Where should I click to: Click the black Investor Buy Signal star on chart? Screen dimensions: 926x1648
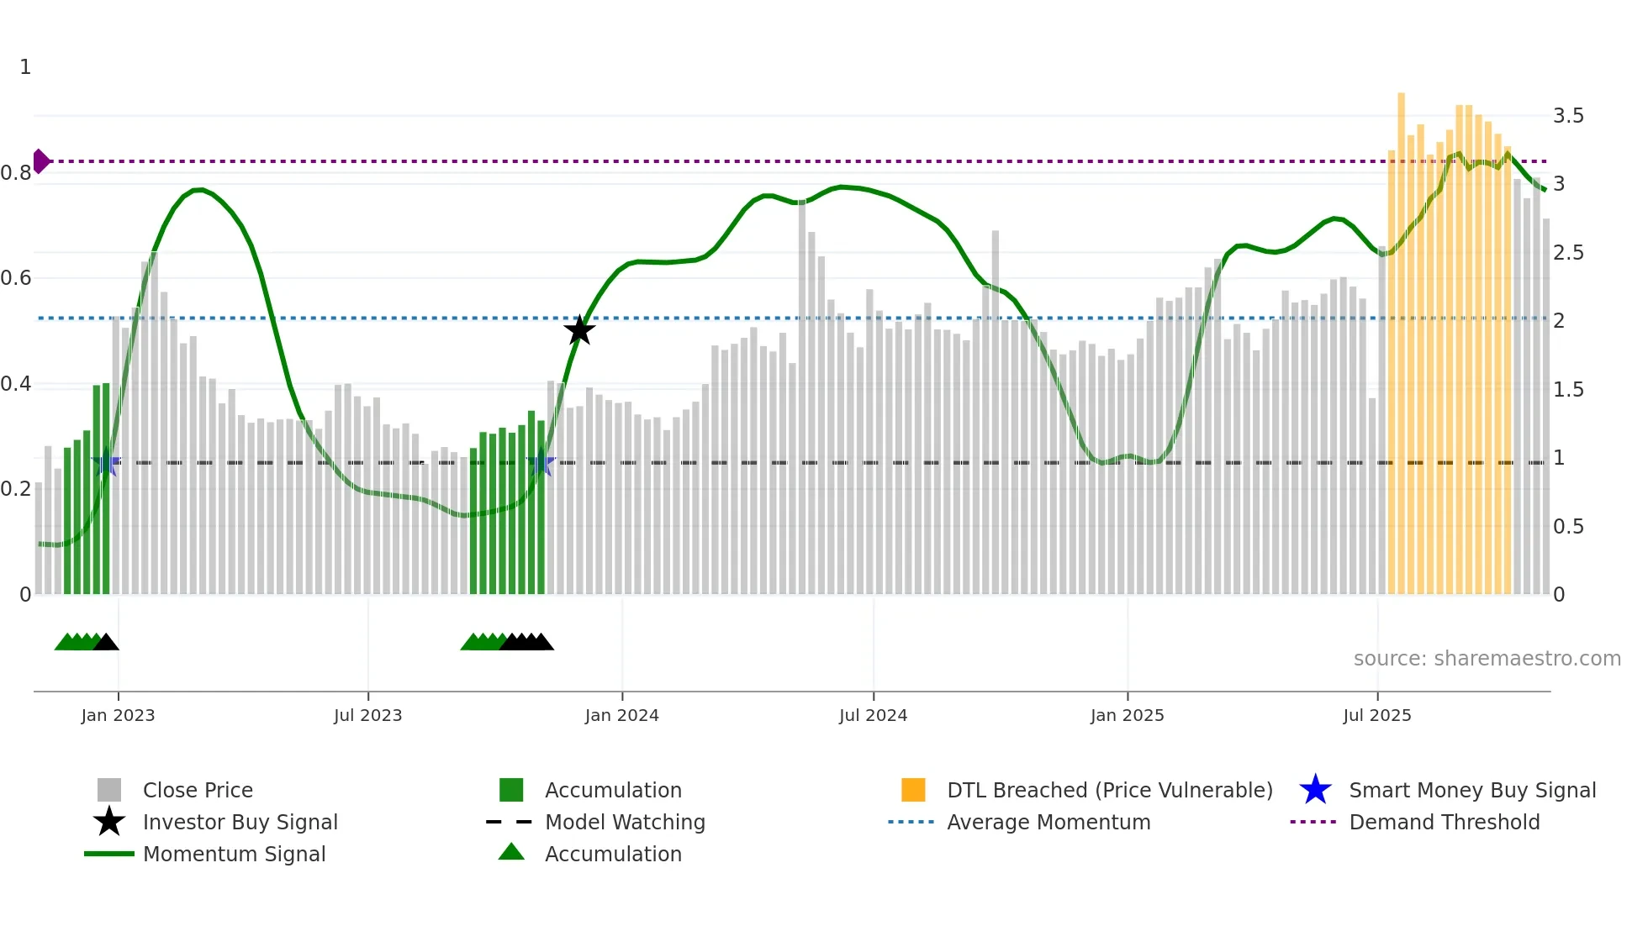[579, 330]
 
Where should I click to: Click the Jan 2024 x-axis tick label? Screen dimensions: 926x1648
[621, 715]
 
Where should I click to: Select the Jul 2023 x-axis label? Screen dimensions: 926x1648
[367, 715]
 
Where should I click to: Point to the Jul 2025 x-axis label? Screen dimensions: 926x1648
[1376, 715]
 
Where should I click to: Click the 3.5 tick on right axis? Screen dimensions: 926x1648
[1568, 116]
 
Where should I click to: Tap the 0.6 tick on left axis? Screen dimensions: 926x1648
[16, 278]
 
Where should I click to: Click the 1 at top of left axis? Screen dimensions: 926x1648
[25, 67]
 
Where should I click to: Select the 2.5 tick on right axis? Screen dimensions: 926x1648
[1568, 253]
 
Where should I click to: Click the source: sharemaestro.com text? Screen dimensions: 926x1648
[1487, 658]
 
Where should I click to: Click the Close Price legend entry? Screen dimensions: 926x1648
[198, 790]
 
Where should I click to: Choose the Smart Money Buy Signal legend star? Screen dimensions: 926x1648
[1315, 790]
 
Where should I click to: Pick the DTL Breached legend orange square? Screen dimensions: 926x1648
[913, 790]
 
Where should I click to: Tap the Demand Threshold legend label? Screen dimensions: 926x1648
[1444, 822]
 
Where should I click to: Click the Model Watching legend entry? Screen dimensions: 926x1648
[624, 822]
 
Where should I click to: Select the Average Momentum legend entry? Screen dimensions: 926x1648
[1048, 822]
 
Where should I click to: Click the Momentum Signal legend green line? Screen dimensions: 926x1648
[109, 854]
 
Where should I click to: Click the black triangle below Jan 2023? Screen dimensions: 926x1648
[106, 642]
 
